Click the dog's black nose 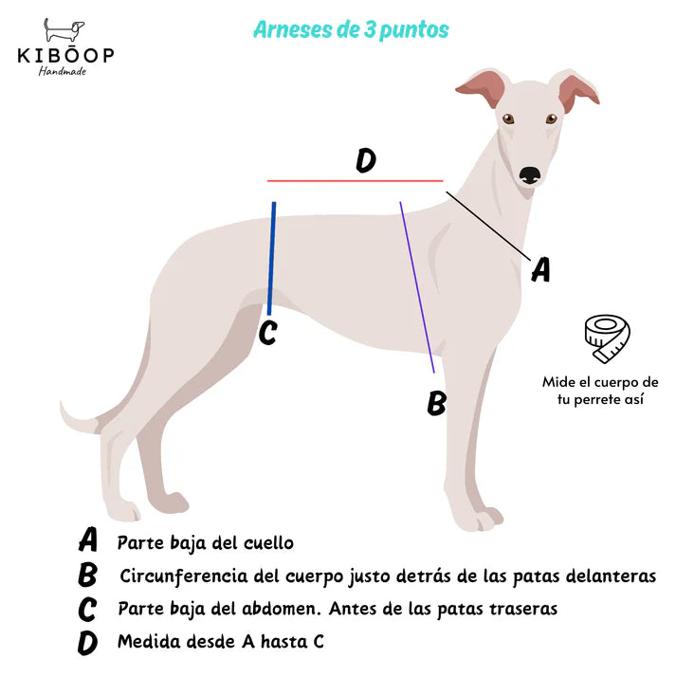[529, 175]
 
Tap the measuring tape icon [607, 338]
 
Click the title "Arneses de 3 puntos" [351, 29]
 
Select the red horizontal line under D [356, 181]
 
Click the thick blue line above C [271, 258]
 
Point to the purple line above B [417, 287]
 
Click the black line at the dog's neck [488, 227]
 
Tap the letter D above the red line [366, 160]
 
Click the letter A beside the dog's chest [541, 269]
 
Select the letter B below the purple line [436, 403]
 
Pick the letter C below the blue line [267, 333]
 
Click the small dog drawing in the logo [64, 30]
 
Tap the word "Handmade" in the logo [63, 71]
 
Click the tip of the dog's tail [62, 404]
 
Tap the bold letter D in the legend [87, 643]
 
